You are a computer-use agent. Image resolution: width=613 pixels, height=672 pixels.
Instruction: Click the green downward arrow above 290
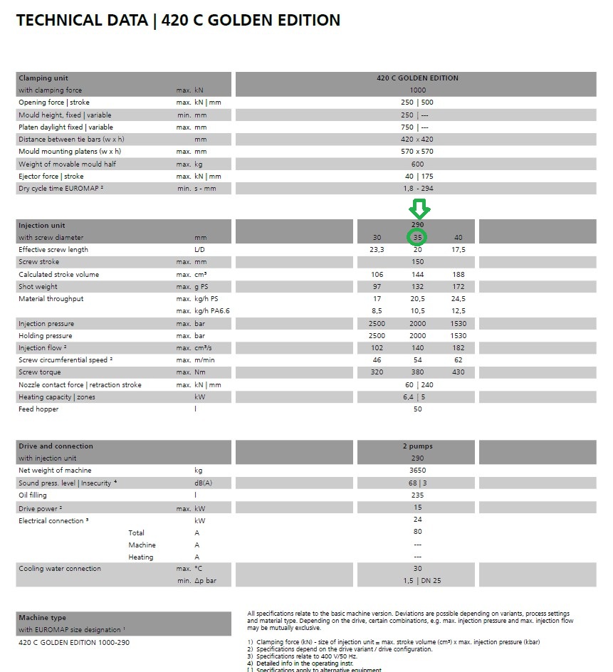pyautogui.click(x=418, y=209)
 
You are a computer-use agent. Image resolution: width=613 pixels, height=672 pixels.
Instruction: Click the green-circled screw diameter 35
pyautogui.click(x=417, y=237)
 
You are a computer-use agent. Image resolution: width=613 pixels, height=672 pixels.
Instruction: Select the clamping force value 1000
pyautogui.click(x=417, y=90)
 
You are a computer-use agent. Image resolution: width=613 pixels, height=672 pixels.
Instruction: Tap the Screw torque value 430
pyautogui.click(x=458, y=372)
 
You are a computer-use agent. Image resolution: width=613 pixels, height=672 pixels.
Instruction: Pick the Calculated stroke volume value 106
pyautogui.click(x=377, y=274)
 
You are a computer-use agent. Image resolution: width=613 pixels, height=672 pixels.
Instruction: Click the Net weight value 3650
pyautogui.click(x=417, y=471)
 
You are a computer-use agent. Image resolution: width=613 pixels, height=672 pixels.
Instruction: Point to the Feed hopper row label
pyautogui.click(x=38, y=409)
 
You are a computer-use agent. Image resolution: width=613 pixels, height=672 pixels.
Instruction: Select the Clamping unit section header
pyautogui.click(x=43, y=78)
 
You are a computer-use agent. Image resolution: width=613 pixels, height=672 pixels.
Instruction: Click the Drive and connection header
pyautogui.click(x=56, y=446)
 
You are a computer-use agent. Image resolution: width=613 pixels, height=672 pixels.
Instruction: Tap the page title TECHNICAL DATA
pyautogui.click(x=81, y=21)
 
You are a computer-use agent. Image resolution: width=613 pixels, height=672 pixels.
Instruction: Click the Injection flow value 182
pyautogui.click(x=458, y=348)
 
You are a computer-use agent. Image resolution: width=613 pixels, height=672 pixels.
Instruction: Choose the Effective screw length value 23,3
pyautogui.click(x=377, y=250)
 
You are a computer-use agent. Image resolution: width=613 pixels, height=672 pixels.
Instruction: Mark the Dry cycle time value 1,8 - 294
pyautogui.click(x=417, y=189)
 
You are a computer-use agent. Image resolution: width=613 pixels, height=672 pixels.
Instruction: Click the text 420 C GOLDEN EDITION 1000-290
pyautogui.click(x=74, y=642)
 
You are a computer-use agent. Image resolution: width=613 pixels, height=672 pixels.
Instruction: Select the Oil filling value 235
pyautogui.click(x=417, y=495)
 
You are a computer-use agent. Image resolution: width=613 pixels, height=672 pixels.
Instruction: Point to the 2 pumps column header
pyautogui.click(x=417, y=446)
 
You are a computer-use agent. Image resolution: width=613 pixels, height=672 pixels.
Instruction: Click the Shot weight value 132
pyautogui.click(x=417, y=286)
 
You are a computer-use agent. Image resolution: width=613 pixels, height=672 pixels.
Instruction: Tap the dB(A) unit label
pyautogui.click(x=203, y=483)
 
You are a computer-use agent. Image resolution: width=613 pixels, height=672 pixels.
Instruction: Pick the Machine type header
pyautogui.click(x=42, y=618)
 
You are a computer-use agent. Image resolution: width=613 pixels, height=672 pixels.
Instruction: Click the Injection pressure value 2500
pyautogui.click(x=377, y=324)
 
